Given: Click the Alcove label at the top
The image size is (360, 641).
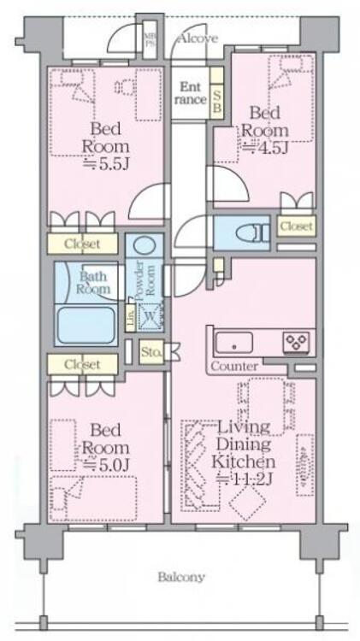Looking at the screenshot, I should (198, 38).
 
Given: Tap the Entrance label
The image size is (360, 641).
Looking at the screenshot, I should (191, 93).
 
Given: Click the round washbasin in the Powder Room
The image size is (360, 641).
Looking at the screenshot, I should (145, 246).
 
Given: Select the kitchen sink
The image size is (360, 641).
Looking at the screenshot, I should (233, 343).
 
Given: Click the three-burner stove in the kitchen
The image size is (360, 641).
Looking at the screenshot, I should (296, 342).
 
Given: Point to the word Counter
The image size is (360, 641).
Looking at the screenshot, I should (233, 366).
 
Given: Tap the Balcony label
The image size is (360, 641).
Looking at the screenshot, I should (181, 577).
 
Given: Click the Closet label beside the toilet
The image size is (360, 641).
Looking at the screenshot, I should (296, 226).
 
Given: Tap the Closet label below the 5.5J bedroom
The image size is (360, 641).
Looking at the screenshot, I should (82, 244).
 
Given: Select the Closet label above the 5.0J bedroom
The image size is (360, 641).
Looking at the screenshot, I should (82, 364).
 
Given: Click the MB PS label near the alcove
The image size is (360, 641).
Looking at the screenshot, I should (149, 39).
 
